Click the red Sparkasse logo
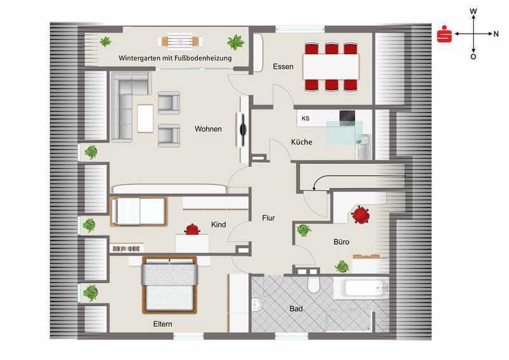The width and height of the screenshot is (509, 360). coord(444,34)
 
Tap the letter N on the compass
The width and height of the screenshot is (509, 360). coord(496,34)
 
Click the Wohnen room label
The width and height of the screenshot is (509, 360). coord(208,129)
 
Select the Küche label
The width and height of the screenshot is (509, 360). coord(302,142)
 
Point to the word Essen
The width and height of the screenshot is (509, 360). coord(283,67)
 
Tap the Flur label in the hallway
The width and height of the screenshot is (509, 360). coord(268,218)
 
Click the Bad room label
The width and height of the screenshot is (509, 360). coord(296,308)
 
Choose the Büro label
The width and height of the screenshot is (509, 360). coord(341,242)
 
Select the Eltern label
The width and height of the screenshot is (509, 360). coord(163,324)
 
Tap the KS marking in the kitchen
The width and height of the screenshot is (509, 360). coord(305,118)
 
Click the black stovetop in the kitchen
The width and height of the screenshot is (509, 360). coord(347,118)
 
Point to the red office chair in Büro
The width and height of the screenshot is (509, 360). coord(360,214)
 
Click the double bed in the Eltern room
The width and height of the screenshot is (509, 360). coord(169,285)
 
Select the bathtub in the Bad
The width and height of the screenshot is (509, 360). coord(361,288)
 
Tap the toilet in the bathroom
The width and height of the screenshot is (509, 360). coord(314,284)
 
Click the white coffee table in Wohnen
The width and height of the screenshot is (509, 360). coord(145,118)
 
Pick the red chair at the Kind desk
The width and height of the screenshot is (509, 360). coord(192,229)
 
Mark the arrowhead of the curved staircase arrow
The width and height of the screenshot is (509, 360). coord(314,188)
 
